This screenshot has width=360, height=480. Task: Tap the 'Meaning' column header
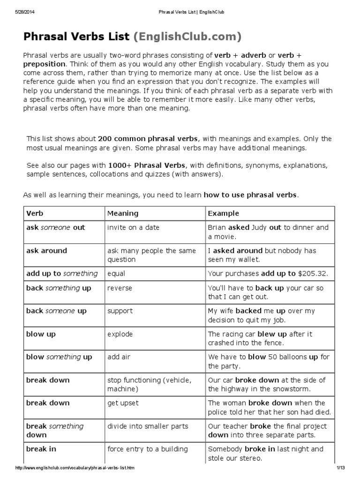tap(123, 213)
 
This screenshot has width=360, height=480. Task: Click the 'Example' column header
tap(223, 213)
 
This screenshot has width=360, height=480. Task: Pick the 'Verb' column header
tap(35, 213)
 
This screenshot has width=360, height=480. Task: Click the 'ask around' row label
tap(46, 251)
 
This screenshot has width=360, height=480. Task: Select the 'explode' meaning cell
tap(120, 334)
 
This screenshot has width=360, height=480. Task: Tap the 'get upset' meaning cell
tap(123, 403)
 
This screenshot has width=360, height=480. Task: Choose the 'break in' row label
tap(41, 449)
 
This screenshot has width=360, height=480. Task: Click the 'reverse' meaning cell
tap(120, 288)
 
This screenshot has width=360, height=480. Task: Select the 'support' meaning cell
tap(120, 311)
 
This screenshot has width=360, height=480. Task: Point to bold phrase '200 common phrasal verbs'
tap(148, 139)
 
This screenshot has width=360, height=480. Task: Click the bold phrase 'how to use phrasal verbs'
tap(250, 195)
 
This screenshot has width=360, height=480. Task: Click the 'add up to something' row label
tap(62, 274)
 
